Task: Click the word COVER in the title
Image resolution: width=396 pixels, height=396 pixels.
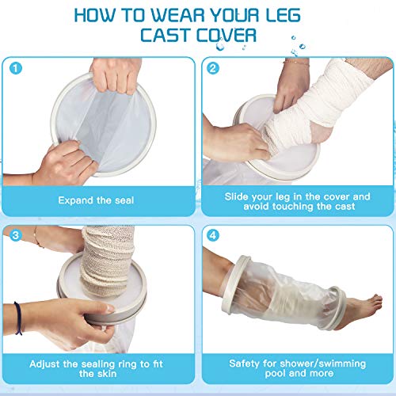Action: click(230, 36)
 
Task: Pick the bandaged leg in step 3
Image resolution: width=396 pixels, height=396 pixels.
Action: click(103, 253)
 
